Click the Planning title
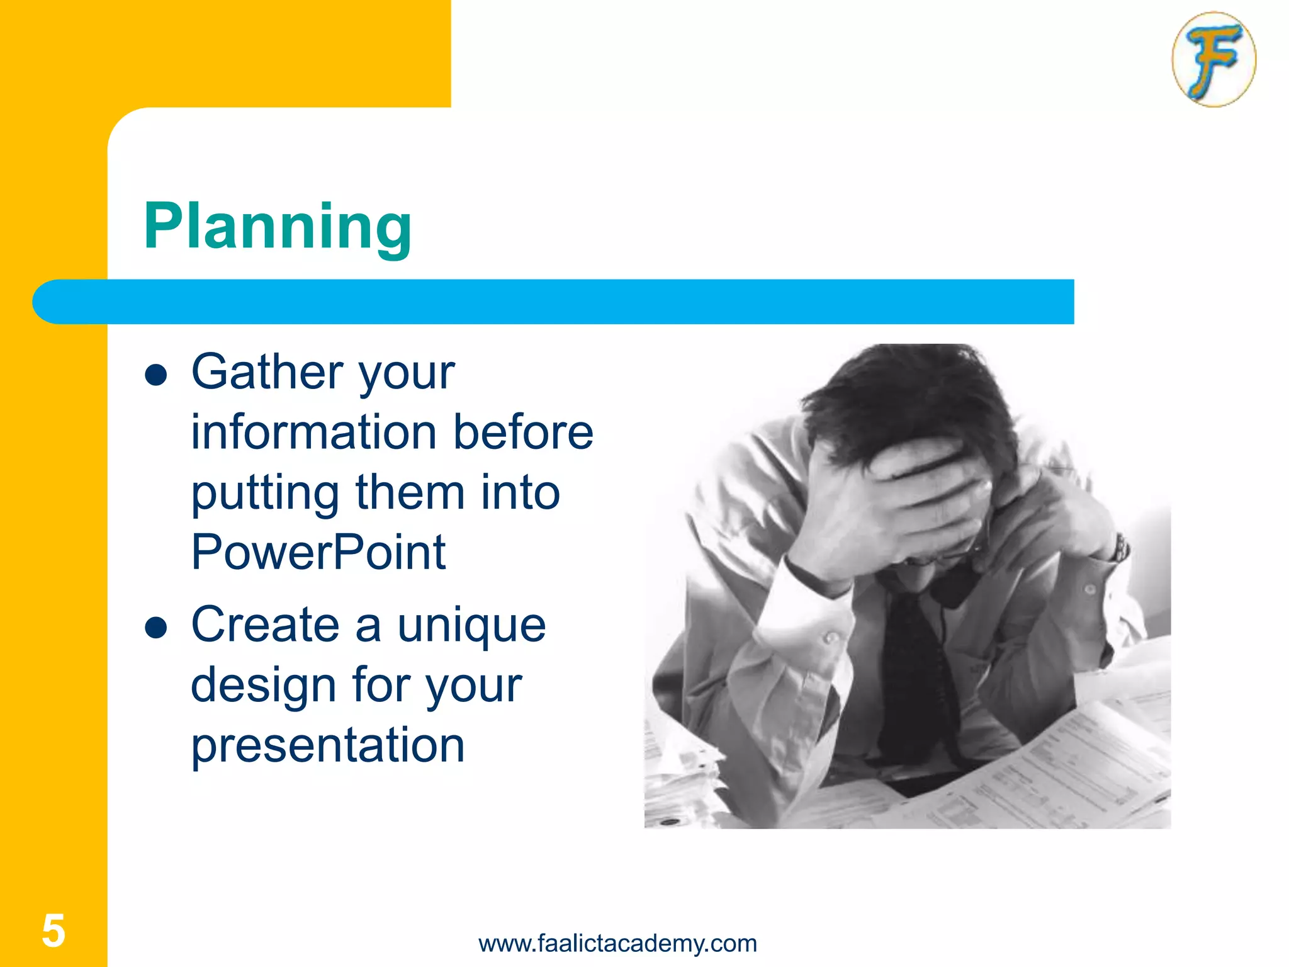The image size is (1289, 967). (278, 227)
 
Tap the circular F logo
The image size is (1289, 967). (1213, 59)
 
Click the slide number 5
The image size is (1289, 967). (53, 930)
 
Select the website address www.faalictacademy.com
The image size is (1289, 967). (617, 943)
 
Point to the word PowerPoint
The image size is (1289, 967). (318, 552)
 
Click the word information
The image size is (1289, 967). (313, 433)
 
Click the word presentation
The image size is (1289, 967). (327, 745)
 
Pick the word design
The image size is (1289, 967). (263, 686)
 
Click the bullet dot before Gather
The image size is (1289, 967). (155, 376)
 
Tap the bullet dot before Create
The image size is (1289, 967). (155, 628)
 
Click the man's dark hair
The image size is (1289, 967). (906, 397)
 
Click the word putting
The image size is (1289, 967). (264, 494)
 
